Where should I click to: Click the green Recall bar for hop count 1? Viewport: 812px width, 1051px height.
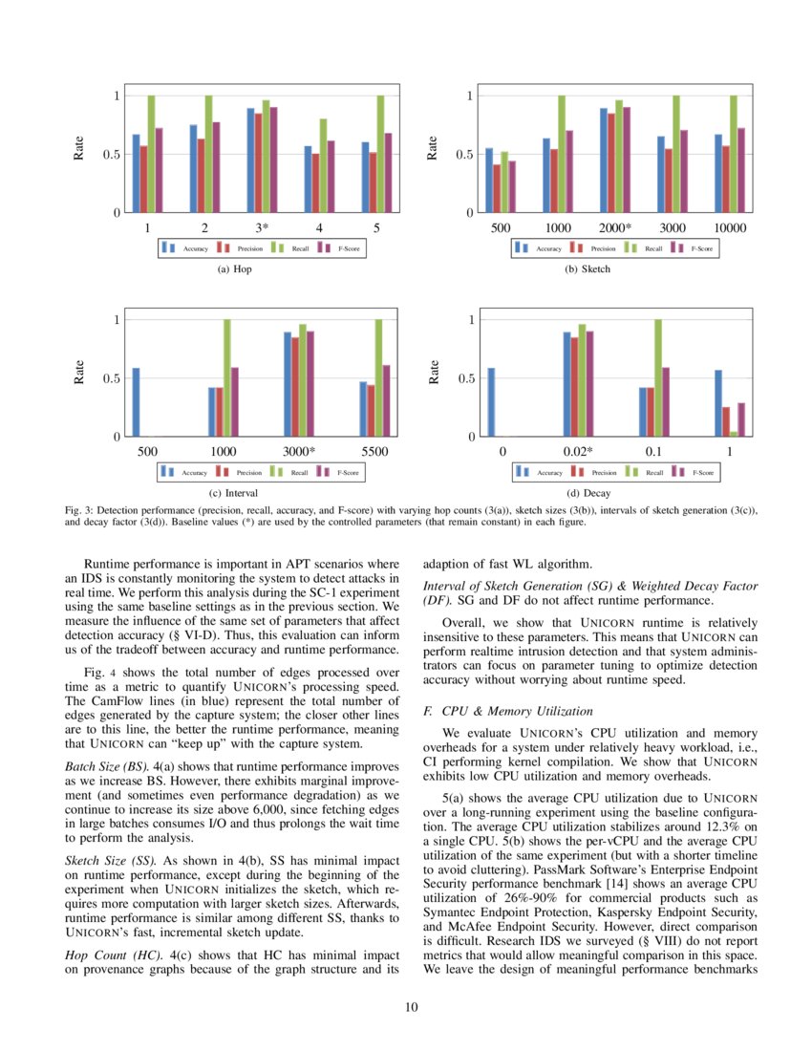[151, 154]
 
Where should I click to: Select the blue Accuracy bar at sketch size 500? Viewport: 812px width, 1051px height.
[489, 181]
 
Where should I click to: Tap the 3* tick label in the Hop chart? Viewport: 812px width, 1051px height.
[262, 228]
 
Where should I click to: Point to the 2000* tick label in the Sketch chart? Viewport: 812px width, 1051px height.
[615, 228]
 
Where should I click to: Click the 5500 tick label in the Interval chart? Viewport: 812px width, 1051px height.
[375, 453]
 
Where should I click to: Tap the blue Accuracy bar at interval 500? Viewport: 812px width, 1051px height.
[136, 402]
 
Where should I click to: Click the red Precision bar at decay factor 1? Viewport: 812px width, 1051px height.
[726, 422]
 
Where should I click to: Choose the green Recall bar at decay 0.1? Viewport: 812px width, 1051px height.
[658, 378]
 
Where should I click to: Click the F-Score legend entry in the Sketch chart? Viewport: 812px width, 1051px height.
[695, 248]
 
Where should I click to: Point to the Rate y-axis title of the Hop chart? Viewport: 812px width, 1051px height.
[79, 149]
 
